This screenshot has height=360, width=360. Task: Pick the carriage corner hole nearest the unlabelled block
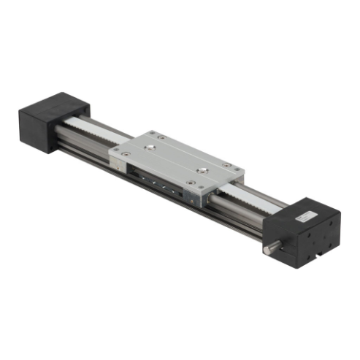click(152, 133)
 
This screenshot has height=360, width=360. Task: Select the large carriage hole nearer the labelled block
click(194, 172)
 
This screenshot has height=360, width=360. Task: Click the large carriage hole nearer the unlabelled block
click(150, 148)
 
